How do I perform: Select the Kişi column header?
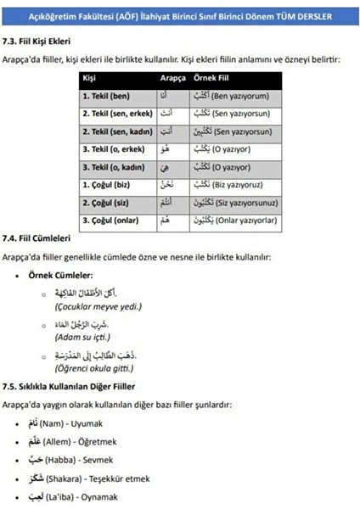89,79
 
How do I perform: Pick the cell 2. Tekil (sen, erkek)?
118,115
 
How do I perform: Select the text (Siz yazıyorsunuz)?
255,204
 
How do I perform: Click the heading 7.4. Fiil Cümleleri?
37,239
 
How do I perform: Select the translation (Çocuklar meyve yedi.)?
98,306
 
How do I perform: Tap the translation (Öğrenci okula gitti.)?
95,368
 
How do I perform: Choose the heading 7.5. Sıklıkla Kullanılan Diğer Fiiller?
67,383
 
